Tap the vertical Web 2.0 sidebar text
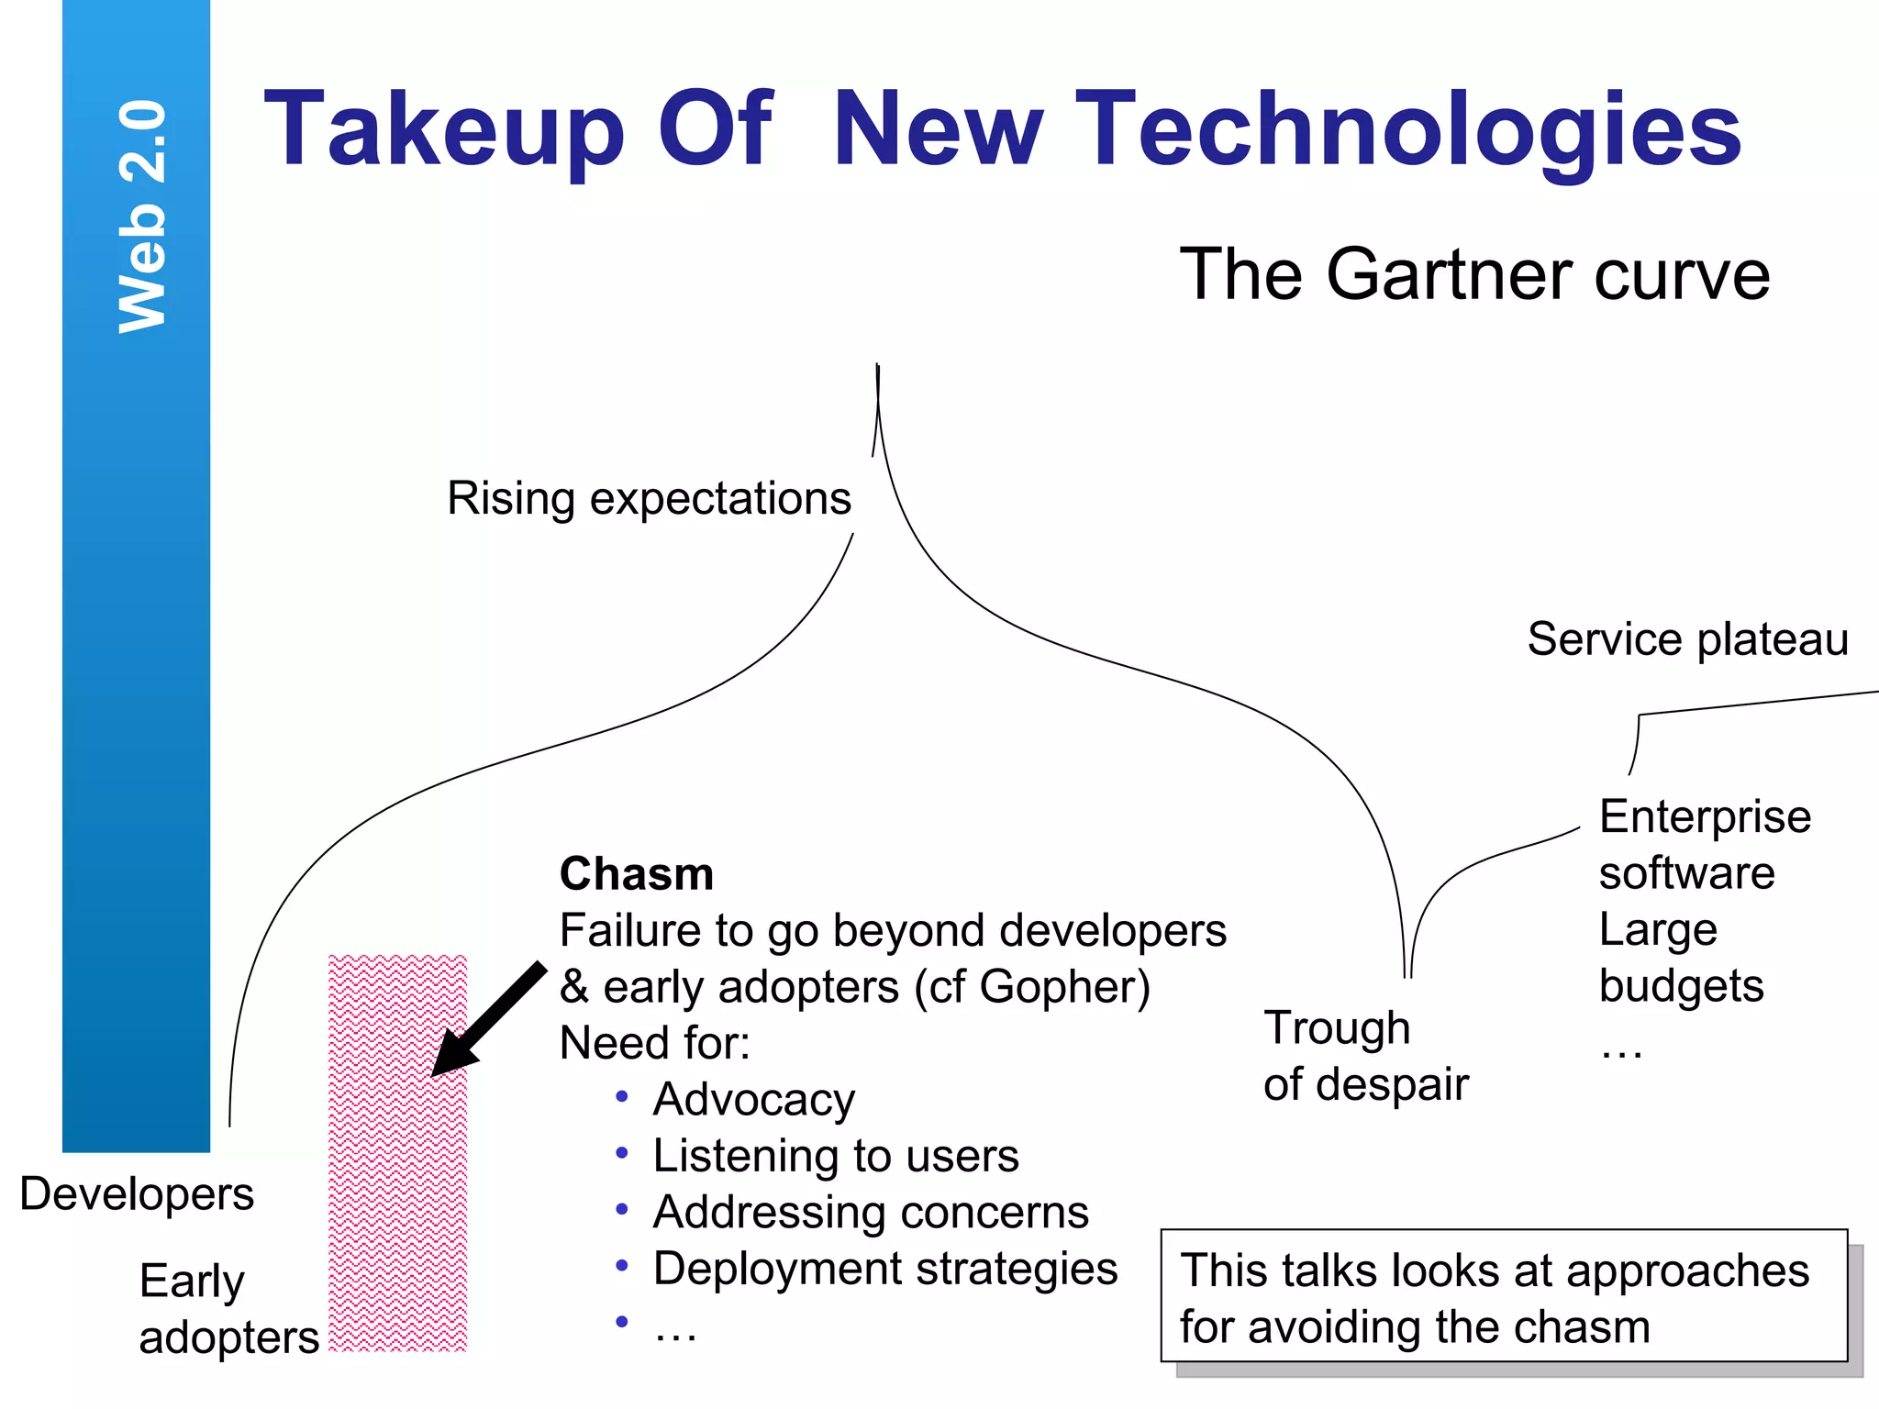(x=143, y=216)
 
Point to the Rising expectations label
(x=649, y=499)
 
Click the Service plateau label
(x=1687, y=639)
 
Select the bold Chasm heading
(x=637, y=874)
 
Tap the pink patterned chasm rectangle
(x=398, y=1193)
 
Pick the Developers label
(x=137, y=1194)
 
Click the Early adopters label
(x=228, y=1309)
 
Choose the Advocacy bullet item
(x=753, y=1100)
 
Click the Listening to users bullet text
(x=835, y=1156)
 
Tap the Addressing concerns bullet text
(x=870, y=1213)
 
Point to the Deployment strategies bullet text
(x=884, y=1270)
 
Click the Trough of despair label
(x=1364, y=1056)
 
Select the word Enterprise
(x=1705, y=817)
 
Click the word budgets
(x=1681, y=987)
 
